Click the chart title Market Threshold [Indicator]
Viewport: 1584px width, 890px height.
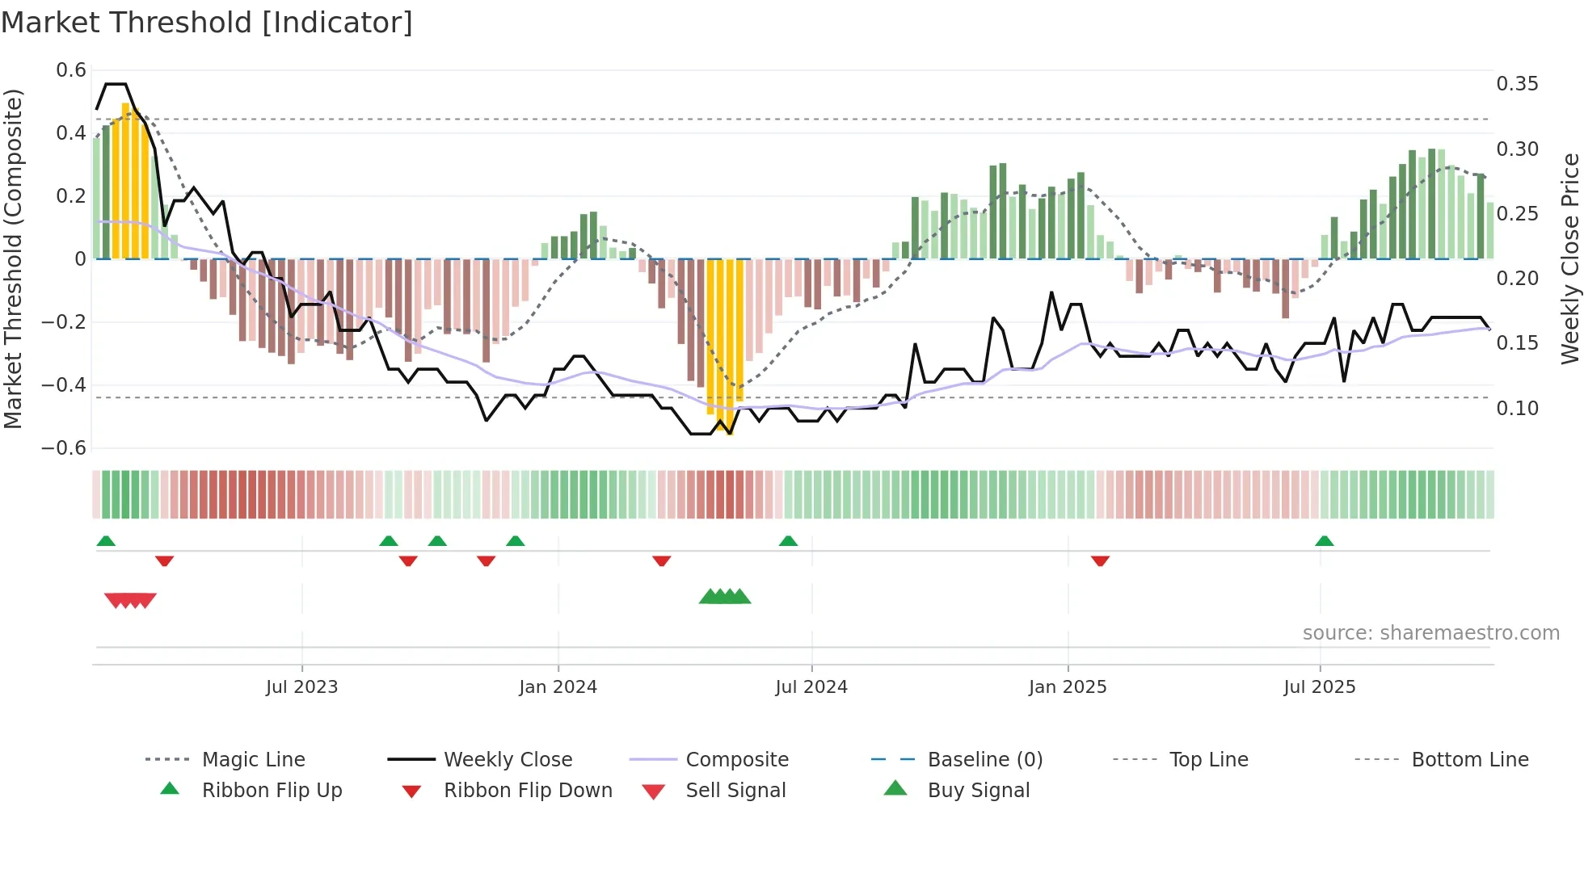pyautogui.click(x=207, y=23)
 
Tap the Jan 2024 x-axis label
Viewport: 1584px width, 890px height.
pyautogui.click(x=558, y=687)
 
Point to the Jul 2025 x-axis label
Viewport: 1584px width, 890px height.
pyautogui.click(x=1319, y=687)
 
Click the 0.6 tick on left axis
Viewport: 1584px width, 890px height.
pyautogui.click(x=71, y=70)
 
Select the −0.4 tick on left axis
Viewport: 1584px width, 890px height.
pyautogui.click(x=64, y=385)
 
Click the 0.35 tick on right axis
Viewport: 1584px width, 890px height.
pyautogui.click(x=1517, y=84)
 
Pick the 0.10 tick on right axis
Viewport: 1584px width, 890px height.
pyautogui.click(x=1517, y=409)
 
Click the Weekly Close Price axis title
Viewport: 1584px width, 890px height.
pyautogui.click(x=1569, y=258)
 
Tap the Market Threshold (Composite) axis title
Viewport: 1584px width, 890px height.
pyautogui.click(x=13, y=258)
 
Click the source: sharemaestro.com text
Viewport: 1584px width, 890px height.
pyautogui.click(x=1430, y=633)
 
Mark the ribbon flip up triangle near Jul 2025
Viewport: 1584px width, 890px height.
pyautogui.click(x=1324, y=541)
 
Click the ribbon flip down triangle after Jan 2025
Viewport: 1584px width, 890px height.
pyautogui.click(x=1100, y=560)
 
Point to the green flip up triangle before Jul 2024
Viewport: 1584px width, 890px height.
pyautogui.click(x=788, y=541)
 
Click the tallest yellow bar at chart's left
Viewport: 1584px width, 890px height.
pyautogui.click(x=125, y=182)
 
